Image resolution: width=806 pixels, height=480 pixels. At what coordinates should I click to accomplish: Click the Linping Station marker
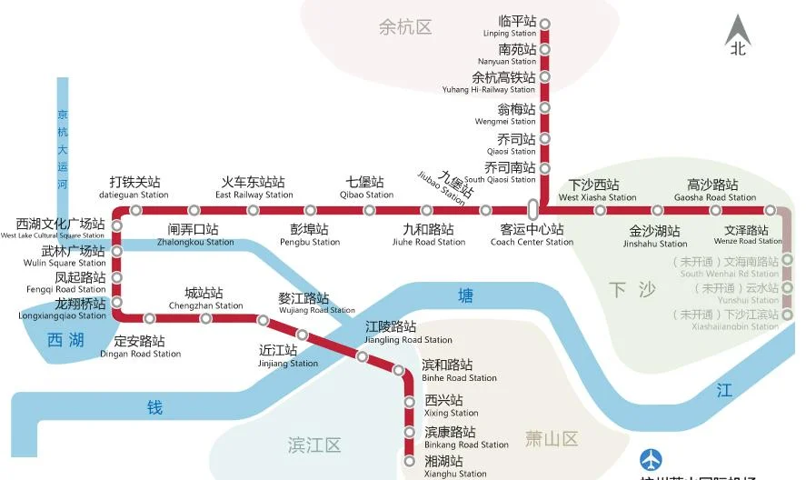click(545, 24)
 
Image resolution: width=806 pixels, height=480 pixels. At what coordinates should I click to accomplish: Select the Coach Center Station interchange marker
click(533, 209)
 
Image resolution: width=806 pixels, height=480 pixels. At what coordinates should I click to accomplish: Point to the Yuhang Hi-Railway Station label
click(503, 83)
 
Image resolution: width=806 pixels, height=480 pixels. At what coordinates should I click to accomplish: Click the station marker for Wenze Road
click(770, 211)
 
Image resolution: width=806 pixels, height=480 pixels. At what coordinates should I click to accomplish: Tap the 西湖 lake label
click(65, 341)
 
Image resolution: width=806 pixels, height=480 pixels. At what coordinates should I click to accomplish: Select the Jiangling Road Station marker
click(363, 356)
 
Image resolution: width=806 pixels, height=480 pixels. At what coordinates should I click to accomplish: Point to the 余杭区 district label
click(405, 27)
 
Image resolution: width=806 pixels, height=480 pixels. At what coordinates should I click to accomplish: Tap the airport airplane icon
click(652, 461)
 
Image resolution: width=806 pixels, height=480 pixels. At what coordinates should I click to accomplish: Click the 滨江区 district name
click(314, 445)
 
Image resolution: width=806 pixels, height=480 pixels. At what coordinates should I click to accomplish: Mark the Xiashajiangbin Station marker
click(788, 315)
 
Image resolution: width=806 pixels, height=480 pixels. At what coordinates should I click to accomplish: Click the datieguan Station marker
click(136, 210)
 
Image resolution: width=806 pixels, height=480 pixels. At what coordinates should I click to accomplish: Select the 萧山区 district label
click(552, 440)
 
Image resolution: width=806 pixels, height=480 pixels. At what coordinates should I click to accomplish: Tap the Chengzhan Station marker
click(206, 318)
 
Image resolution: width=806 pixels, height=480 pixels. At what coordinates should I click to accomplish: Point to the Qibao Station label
click(366, 188)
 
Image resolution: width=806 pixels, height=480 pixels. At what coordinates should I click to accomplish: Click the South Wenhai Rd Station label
click(729, 267)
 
